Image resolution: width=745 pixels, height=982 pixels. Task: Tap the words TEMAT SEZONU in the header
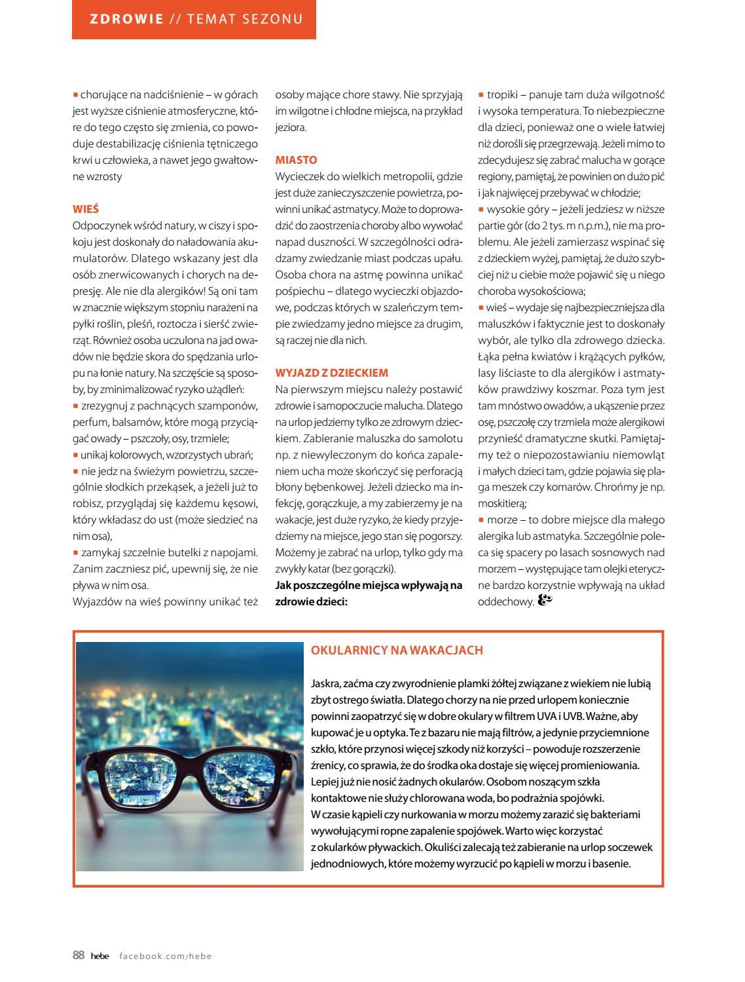[245, 19]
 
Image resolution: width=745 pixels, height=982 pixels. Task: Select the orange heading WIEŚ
[85, 209]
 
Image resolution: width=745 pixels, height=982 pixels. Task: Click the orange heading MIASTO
[296, 160]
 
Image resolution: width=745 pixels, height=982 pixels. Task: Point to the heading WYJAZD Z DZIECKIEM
[332, 373]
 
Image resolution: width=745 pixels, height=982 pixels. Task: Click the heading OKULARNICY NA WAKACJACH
[397, 650]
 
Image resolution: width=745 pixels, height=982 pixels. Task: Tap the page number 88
[79, 955]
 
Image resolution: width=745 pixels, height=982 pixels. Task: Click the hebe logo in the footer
[100, 956]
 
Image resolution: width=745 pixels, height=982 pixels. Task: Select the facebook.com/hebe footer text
[166, 956]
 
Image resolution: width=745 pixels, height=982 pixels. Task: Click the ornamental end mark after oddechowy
[545, 600]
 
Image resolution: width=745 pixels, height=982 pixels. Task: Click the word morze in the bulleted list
[502, 519]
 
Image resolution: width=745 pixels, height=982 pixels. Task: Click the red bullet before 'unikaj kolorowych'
[75, 455]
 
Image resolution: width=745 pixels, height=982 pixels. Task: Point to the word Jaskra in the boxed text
[325, 683]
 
